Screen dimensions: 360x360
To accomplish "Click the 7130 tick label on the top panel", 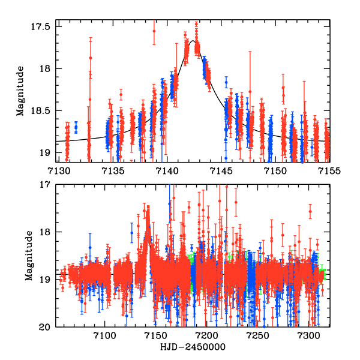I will click(x=57, y=171).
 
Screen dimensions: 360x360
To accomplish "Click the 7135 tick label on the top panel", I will click(x=112, y=171).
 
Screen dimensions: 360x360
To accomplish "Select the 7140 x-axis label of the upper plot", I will click(x=166, y=171).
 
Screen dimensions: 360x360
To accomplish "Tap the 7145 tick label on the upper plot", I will click(x=221, y=171).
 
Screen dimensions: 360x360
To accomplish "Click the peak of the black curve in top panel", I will click(x=193, y=41).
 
